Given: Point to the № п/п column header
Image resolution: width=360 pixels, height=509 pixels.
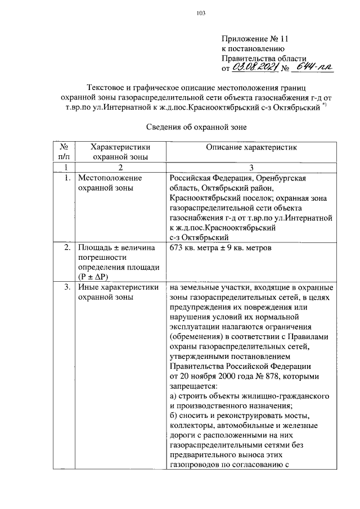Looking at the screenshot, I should pyautogui.click(x=66, y=151).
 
